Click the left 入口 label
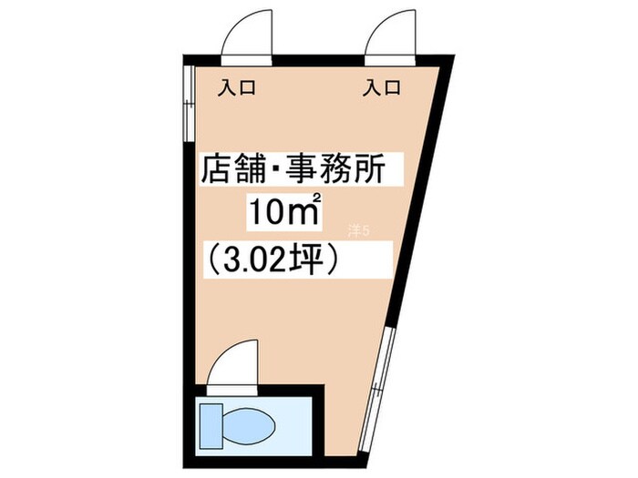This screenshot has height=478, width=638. [x=236, y=89]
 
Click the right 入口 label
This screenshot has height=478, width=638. [x=382, y=89]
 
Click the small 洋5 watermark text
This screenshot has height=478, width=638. [x=360, y=230]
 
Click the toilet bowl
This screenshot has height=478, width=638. [x=247, y=423]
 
